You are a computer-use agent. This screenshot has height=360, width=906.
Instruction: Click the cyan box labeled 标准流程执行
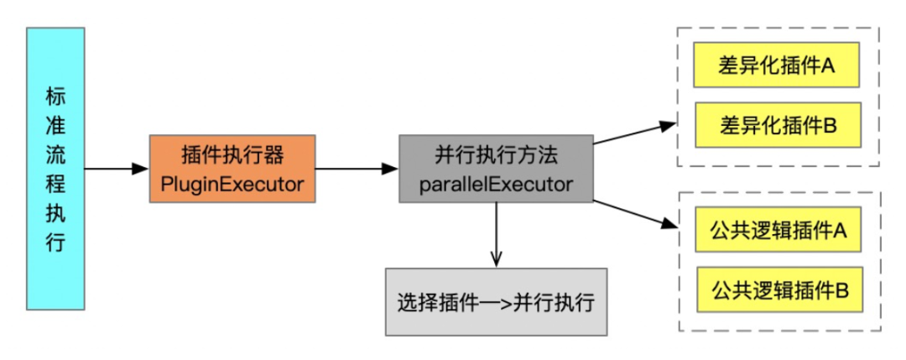(55, 168)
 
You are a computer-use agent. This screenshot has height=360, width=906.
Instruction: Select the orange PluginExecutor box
(232, 168)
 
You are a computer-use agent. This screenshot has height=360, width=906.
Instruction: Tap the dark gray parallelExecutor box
(496, 168)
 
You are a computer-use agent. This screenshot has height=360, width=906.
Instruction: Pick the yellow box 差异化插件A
(777, 65)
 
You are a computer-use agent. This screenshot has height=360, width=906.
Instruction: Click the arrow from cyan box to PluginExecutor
(117, 169)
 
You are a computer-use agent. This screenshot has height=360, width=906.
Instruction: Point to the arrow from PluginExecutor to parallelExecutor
(357, 169)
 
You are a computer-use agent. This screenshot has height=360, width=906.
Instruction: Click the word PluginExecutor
(232, 185)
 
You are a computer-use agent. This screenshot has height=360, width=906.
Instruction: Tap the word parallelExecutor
(496, 185)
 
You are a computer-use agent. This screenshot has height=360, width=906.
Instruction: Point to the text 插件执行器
(232, 155)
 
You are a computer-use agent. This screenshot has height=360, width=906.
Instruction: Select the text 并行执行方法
(496, 155)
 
